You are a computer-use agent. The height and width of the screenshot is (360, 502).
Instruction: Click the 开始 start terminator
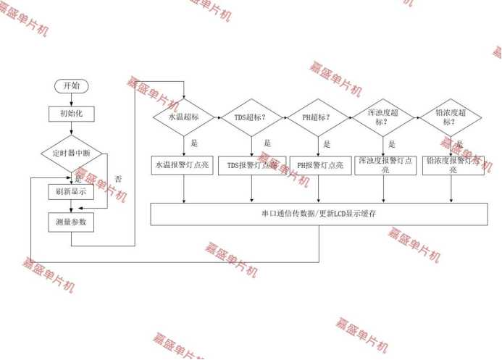[x=71, y=85]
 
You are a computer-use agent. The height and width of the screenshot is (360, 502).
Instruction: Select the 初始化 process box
[x=71, y=114]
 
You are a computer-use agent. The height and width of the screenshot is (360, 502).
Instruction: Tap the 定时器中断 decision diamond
[x=71, y=154]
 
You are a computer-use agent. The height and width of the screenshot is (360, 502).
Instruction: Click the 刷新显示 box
[x=71, y=192]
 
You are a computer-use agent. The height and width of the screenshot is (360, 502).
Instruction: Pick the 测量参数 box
[x=71, y=222]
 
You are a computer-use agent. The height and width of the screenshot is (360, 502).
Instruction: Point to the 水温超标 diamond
[x=184, y=117]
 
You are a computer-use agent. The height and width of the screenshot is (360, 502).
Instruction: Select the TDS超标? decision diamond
[x=251, y=117]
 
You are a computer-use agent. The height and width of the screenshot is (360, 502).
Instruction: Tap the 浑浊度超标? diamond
[x=385, y=117]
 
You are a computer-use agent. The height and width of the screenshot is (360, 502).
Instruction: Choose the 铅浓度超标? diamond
[x=452, y=117]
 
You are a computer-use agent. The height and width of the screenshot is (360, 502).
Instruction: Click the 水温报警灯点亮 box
[x=184, y=165]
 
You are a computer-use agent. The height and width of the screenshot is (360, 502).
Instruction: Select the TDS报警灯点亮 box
[x=251, y=165]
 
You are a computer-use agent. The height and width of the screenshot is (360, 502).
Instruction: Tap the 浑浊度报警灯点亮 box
[x=385, y=164]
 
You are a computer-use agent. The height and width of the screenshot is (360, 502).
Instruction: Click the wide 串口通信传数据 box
[x=319, y=214]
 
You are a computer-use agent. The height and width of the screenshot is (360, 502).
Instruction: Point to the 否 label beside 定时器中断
[x=118, y=179]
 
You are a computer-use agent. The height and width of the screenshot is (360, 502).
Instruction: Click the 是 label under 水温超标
[x=194, y=143]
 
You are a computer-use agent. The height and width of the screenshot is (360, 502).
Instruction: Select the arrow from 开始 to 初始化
[x=71, y=100]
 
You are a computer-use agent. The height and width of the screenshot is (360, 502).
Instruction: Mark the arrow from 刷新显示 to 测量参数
[x=71, y=207]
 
